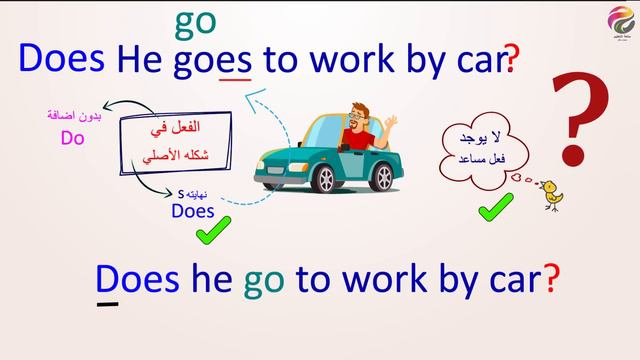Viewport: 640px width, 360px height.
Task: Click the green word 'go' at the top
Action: pyautogui.click(x=195, y=21)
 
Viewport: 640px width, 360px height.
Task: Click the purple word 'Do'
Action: pyautogui.click(x=71, y=139)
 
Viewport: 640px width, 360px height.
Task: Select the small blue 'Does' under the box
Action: pyautogui.click(x=194, y=210)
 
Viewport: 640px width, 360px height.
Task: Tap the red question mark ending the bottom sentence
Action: pyautogui.click(x=550, y=279)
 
